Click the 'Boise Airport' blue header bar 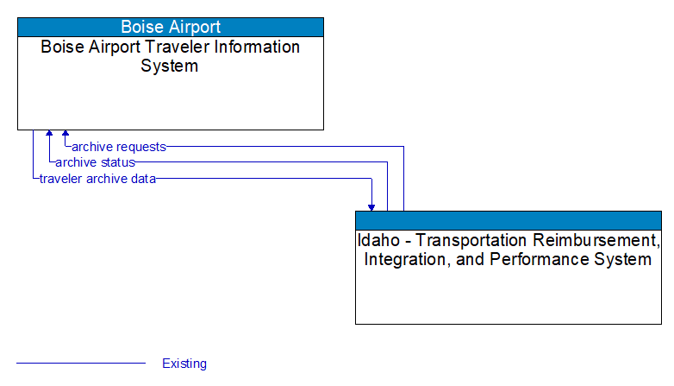[171, 27]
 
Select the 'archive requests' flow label [119, 147]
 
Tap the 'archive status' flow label [95, 162]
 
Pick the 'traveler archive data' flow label [97, 179]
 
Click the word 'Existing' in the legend [184, 364]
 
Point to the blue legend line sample [81, 364]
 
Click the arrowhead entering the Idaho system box [371, 206]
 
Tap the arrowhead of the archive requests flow [66, 135]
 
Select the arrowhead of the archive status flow [50, 135]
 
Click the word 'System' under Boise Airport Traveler [170, 66]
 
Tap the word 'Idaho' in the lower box [377, 240]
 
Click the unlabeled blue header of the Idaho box [509, 219]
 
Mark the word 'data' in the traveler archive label [143, 179]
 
